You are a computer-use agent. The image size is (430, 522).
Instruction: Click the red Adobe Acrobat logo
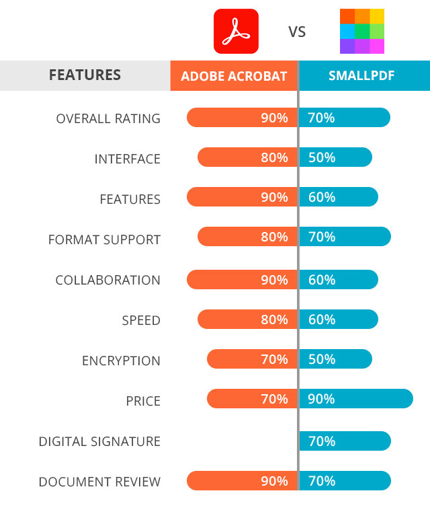236,31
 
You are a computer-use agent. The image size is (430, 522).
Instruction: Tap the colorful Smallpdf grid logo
362,31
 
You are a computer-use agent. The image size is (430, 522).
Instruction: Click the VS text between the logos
297,32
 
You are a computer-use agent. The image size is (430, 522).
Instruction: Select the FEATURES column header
85,75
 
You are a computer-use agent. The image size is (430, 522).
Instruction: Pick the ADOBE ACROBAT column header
234,76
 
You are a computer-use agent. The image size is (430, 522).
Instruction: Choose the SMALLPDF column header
361,76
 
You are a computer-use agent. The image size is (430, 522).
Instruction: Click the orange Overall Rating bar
241,118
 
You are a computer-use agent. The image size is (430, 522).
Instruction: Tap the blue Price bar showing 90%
356,399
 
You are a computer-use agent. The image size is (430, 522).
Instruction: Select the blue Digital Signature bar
345,441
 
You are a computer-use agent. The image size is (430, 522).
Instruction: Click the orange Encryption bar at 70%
252,359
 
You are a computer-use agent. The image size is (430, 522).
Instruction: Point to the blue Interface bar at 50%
335,157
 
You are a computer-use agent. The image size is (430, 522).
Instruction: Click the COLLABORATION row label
107,280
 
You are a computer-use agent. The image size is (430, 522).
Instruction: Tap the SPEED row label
141,320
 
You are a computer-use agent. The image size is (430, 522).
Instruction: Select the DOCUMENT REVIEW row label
99,482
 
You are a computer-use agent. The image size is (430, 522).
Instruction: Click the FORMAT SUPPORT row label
104,239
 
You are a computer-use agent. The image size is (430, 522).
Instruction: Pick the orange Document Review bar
241,481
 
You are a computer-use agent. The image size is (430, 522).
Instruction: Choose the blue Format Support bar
345,236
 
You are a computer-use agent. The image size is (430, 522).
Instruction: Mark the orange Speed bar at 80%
247,319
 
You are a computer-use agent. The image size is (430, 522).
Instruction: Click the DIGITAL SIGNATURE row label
99,441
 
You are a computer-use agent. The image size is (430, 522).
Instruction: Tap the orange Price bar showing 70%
252,399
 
